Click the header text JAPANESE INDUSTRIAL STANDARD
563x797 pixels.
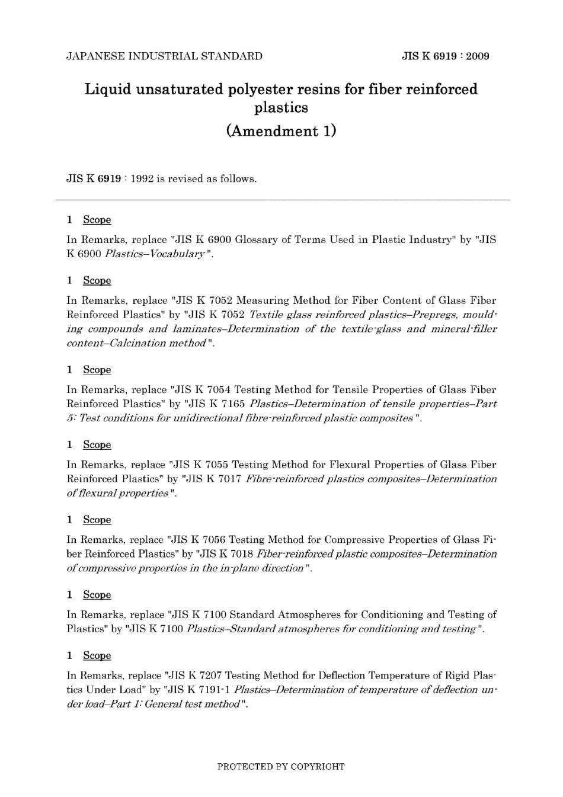(164, 56)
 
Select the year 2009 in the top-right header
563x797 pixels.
(478, 56)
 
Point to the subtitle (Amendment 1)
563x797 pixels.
(281, 130)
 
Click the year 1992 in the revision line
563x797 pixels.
(142, 178)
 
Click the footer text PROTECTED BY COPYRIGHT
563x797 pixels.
(281, 766)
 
